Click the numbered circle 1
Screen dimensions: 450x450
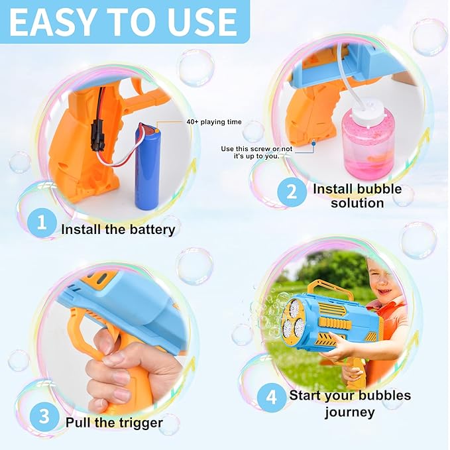(x=41, y=223)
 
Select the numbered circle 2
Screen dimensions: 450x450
(x=291, y=192)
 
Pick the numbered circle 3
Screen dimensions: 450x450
(x=44, y=416)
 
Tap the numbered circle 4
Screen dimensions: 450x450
(x=272, y=398)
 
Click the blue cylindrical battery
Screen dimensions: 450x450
(x=149, y=166)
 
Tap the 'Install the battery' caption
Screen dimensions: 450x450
(x=118, y=230)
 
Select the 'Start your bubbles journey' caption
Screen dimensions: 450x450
(x=350, y=404)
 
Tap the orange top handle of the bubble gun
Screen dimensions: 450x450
(x=338, y=288)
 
